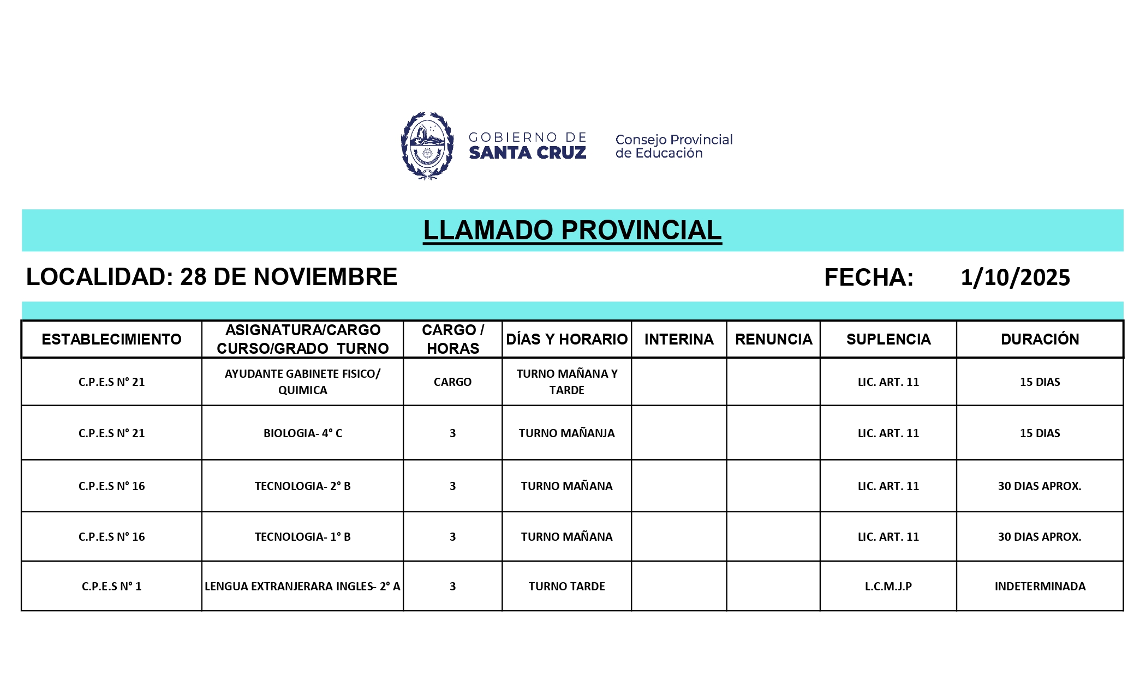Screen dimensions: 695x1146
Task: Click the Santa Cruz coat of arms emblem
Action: point(427,146)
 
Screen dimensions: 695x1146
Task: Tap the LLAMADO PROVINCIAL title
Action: point(572,230)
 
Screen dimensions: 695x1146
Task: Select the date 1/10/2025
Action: point(1015,277)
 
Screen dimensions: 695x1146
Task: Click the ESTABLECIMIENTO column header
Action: point(111,339)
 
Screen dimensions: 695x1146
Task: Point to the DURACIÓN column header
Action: point(1040,339)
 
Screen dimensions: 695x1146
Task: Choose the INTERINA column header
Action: point(679,339)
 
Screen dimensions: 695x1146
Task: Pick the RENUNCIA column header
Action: point(773,339)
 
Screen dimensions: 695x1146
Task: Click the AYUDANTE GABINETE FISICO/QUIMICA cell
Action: point(302,382)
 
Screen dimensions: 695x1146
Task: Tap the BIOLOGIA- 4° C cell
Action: point(302,433)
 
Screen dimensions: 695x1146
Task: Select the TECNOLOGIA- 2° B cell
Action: point(302,486)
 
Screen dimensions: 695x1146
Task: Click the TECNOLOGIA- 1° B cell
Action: point(302,537)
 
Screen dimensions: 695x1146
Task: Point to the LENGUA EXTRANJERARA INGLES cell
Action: point(302,587)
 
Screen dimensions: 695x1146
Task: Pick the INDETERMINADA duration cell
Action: point(1040,587)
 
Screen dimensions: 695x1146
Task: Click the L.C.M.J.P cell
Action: point(888,587)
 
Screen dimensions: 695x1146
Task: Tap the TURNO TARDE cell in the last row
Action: point(566,587)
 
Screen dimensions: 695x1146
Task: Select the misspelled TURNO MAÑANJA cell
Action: point(566,433)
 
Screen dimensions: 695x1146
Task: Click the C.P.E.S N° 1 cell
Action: point(111,587)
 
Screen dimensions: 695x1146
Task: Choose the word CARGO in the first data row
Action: point(452,382)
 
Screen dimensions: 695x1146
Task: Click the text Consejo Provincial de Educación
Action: point(673,146)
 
